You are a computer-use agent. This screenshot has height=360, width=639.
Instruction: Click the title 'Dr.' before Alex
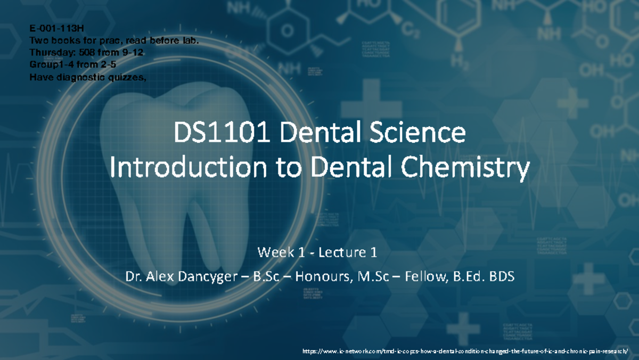[x=133, y=277]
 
